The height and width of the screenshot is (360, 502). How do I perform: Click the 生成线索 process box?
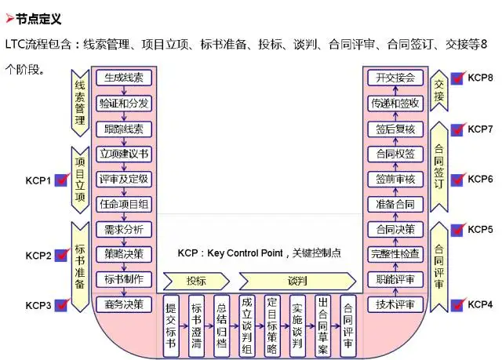(x=123, y=78)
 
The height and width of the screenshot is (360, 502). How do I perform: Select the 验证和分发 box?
(x=123, y=104)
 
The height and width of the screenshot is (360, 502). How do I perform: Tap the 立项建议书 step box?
(x=123, y=153)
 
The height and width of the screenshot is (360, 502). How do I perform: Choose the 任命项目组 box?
(x=123, y=203)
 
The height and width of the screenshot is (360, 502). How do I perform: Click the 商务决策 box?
(x=123, y=304)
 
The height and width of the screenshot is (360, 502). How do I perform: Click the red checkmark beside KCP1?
(x=63, y=180)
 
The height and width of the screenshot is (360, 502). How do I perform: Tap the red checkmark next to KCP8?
(x=457, y=79)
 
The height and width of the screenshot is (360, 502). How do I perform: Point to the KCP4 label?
(x=480, y=304)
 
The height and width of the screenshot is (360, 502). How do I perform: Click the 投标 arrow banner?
(x=196, y=281)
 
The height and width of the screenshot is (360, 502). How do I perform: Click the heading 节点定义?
(x=38, y=18)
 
